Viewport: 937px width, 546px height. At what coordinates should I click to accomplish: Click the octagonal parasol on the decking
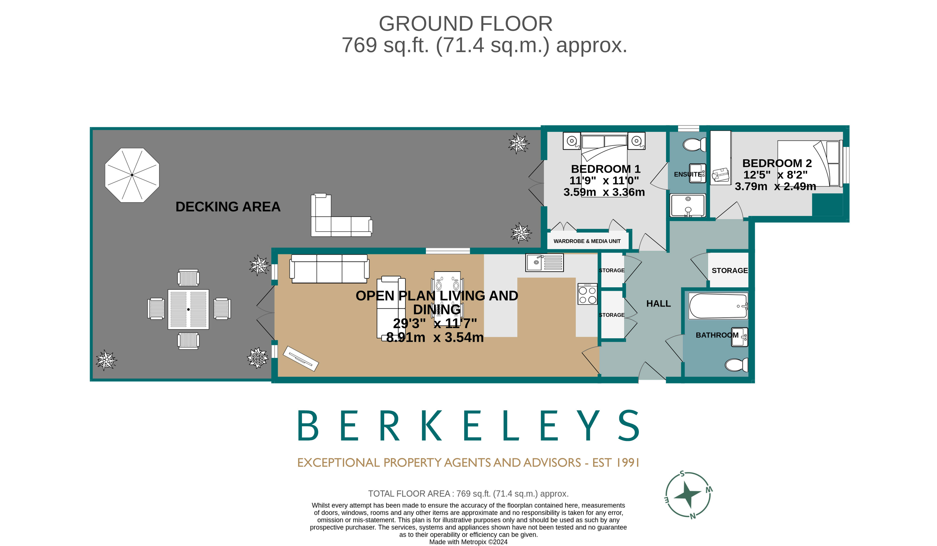132,175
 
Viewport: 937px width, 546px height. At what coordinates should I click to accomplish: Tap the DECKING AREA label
228,207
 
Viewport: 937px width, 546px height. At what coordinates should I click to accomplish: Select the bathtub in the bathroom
718,306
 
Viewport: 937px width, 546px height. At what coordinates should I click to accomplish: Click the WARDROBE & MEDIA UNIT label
587,241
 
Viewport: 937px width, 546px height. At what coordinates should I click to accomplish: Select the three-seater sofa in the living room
329,269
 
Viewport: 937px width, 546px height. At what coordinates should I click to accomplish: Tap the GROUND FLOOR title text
465,24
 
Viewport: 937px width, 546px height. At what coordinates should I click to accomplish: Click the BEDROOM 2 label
777,163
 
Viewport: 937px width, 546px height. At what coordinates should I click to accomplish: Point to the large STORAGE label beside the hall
729,270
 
